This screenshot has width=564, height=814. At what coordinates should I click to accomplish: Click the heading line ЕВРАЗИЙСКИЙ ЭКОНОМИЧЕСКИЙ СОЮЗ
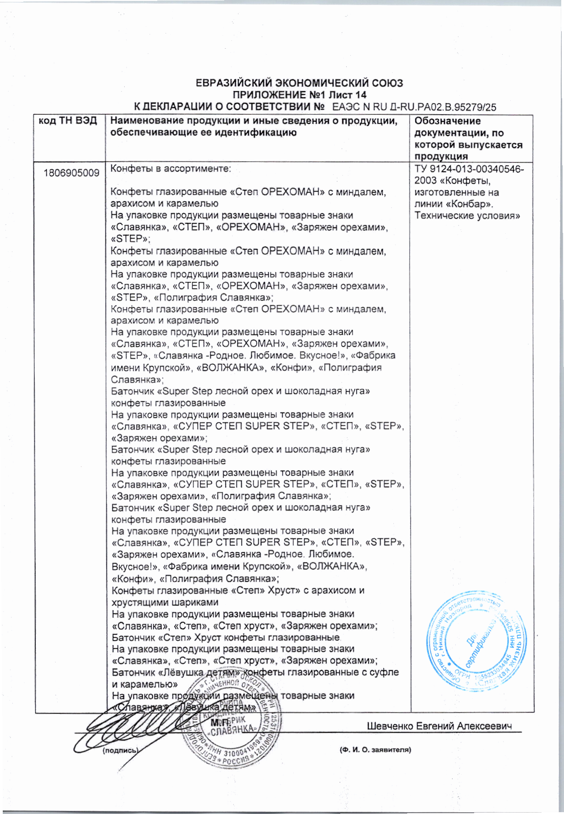pos(299,83)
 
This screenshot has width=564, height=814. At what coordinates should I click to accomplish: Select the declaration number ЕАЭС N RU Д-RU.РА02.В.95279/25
pos(414,107)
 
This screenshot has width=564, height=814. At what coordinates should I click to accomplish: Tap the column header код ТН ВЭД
pos(68,121)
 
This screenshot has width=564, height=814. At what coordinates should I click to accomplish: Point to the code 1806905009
pos(72,173)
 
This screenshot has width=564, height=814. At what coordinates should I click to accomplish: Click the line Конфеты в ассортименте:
pos(171,168)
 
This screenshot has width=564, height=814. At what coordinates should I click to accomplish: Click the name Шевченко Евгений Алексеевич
pos(439,726)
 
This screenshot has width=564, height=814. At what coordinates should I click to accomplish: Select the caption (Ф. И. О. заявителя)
pos(375,750)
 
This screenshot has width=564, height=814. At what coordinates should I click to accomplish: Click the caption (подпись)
pos(119,751)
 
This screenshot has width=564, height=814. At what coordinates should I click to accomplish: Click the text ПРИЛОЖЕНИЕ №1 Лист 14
pos(300,95)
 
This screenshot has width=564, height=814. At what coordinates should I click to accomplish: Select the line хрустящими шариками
pos(165,602)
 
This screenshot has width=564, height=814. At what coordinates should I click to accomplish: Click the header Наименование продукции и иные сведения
pos(254,121)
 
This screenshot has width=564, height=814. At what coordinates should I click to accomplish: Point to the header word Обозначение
pos(448,121)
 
